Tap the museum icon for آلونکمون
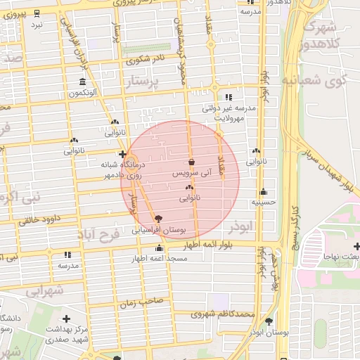point(83,82)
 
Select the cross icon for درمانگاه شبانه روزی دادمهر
point(122,154)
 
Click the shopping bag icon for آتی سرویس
point(191,162)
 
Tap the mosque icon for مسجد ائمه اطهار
point(160,248)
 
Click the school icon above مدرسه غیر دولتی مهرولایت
point(228,98)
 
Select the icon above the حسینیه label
point(263,191)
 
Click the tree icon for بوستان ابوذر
point(269,321)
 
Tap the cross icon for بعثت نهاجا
point(357,246)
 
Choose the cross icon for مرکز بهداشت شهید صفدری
point(66,319)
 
